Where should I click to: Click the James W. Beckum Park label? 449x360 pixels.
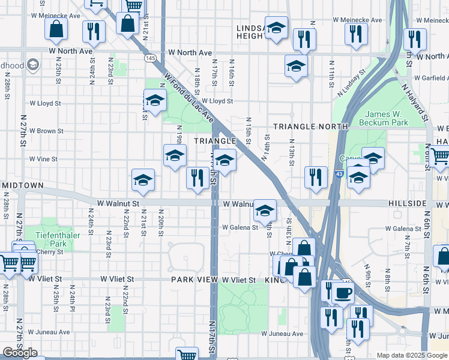click(383, 118)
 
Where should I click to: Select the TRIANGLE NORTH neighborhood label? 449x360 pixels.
click(310, 127)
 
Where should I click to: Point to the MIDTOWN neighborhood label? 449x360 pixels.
click(22, 185)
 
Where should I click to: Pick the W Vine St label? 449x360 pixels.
click(44, 159)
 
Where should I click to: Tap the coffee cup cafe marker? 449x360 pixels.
click(343, 293)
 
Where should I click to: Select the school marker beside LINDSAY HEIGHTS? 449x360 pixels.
click(276, 28)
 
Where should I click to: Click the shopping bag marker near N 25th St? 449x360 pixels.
click(56, 29)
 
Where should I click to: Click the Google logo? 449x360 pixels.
click(20, 353)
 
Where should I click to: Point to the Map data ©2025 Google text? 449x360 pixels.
click(412, 355)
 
